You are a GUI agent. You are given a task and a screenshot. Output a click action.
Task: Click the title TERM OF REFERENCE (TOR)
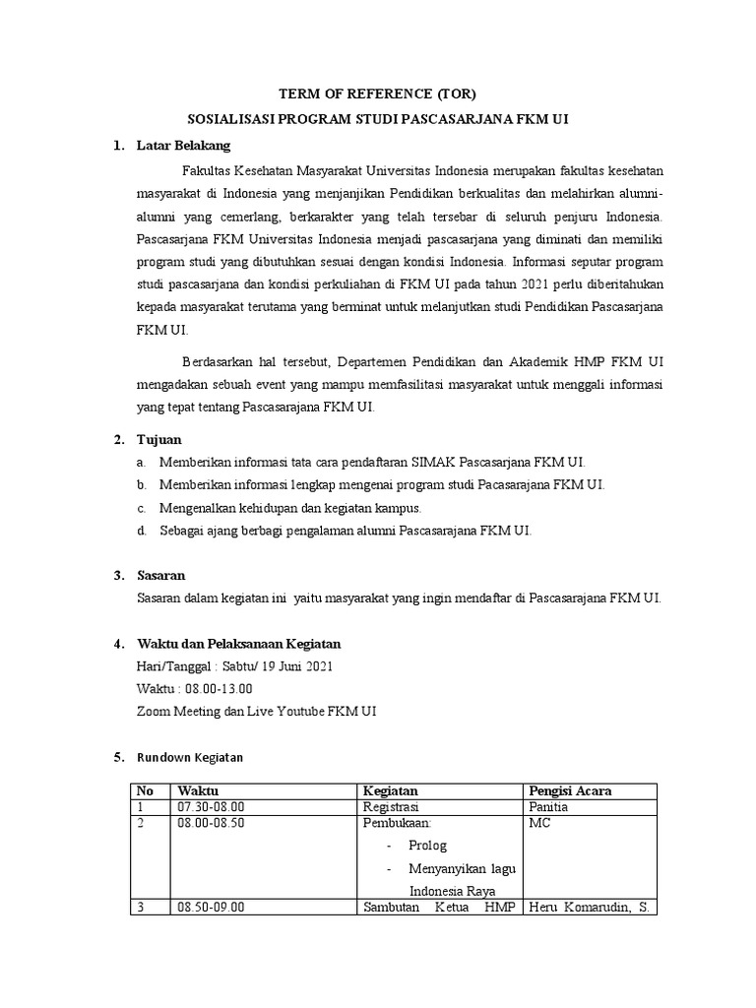coord(378,94)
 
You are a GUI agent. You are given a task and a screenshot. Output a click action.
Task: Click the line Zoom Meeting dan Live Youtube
coord(257,711)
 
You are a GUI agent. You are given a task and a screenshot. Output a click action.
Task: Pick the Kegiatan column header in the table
coord(391,790)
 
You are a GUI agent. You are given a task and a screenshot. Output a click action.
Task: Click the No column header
coord(146,790)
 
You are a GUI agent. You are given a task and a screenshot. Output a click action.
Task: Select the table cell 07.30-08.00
coord(210,807)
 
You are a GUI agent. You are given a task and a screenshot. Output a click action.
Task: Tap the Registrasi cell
coord(391,807)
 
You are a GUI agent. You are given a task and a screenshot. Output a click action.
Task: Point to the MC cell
coord(539,823)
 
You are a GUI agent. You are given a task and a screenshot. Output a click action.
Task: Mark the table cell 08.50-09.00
coord(210,908)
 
